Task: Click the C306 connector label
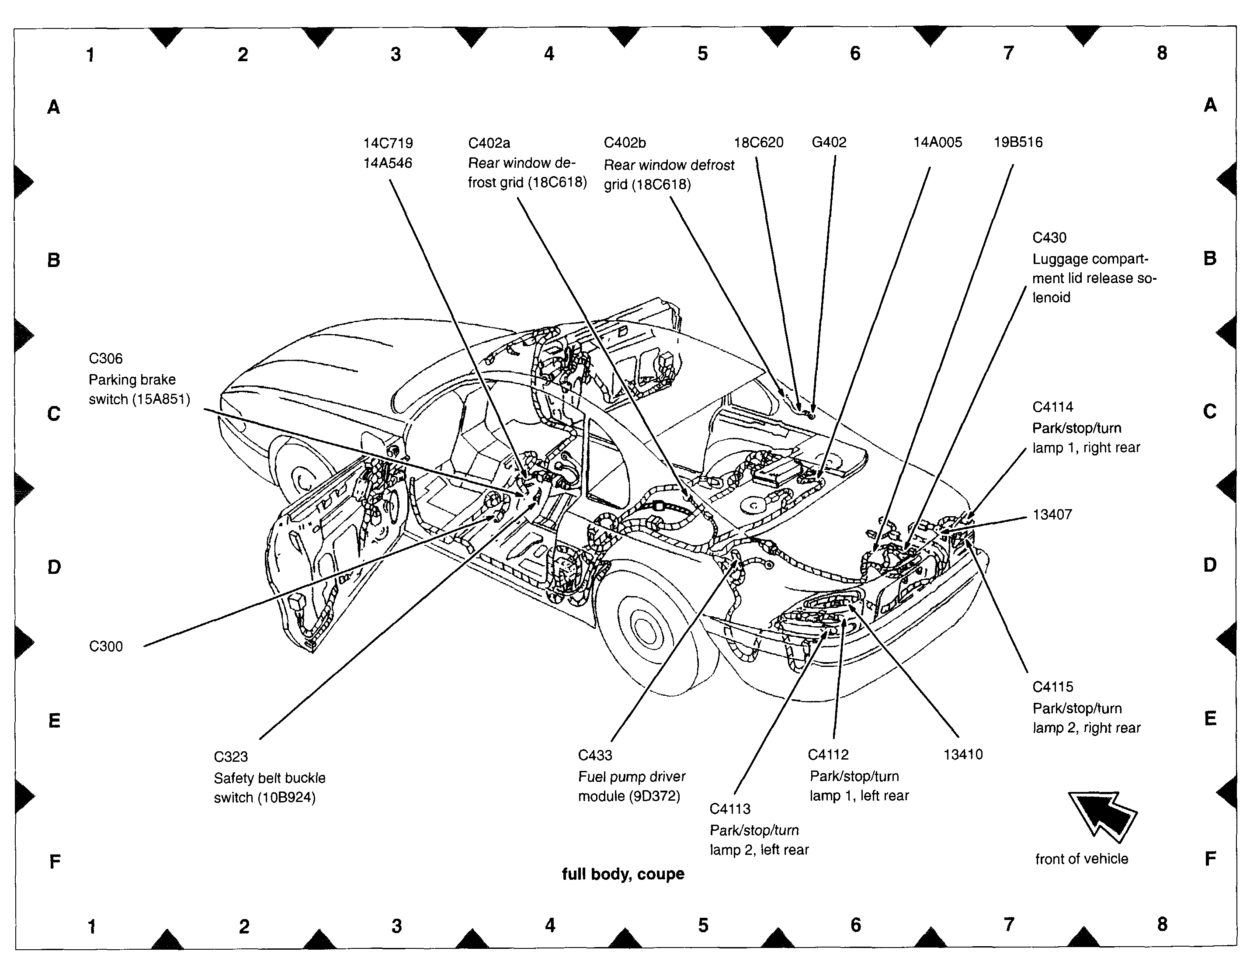pos(105,359)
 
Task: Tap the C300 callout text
pos(106,646)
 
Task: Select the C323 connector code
pos(231,757)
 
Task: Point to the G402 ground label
pos(829,142)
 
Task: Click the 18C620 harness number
pos(758,142)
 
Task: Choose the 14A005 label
pos(937,142)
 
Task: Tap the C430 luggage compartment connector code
pos(1049,237)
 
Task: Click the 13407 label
pos(1052,514)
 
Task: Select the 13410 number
pos(963,754)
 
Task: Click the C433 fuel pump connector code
pos(595,756)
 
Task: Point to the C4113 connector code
pos(730,809)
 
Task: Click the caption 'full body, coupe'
pos(623,874)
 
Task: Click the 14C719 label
pos(388,143)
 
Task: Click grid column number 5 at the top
pos(702,54)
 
